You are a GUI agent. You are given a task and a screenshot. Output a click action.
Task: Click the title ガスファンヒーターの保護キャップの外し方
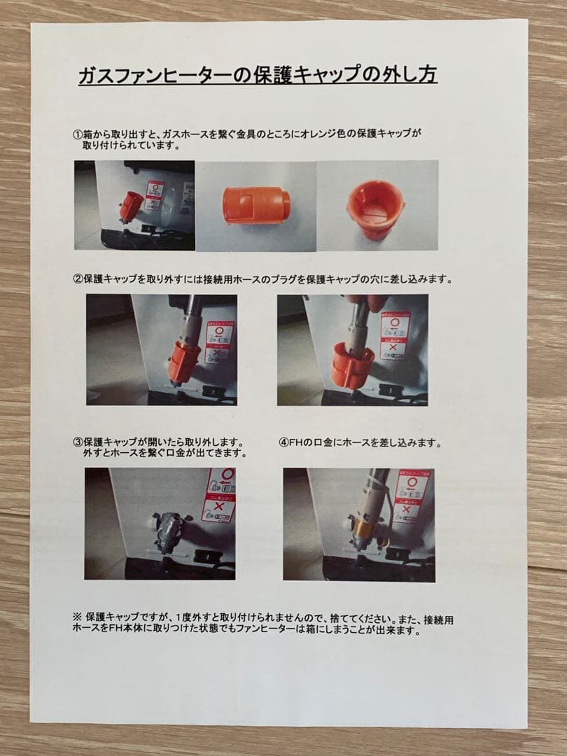[258, 75]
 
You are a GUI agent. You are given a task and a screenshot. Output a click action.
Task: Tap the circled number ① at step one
[78, 134]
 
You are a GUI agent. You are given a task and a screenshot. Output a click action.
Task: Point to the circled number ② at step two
[78, 279]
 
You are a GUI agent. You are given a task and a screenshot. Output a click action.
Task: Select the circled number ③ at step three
[78, 443]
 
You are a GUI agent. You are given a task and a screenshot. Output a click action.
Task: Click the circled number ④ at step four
[283, 443]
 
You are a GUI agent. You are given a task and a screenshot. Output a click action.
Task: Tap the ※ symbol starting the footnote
[77, 618]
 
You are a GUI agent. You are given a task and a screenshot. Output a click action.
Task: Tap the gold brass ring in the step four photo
[363, 522]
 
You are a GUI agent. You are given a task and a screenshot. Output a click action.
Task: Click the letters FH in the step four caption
[295, 443]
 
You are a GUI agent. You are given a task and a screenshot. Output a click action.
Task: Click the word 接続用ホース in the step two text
[244, 279]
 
